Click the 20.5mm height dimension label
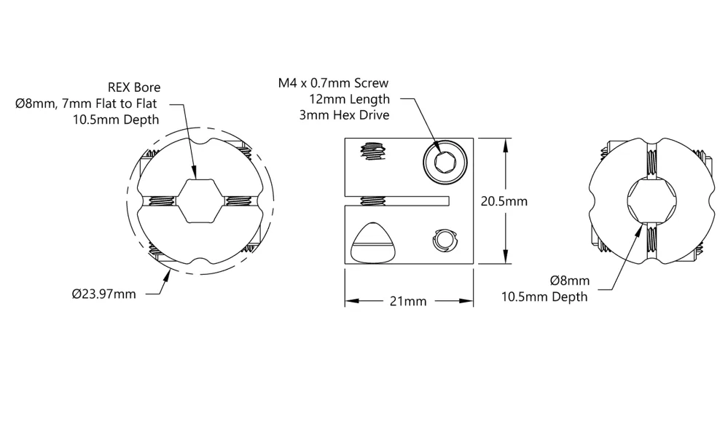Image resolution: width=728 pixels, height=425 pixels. [x=504, y=201]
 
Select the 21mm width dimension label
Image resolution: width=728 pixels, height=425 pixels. [x=408, y=302]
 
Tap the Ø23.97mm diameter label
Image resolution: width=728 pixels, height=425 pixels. [x=104, y=294]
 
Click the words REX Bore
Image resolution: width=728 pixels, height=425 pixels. [x=134, y=87]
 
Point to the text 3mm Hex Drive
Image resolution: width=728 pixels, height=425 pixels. [x=345, y=115]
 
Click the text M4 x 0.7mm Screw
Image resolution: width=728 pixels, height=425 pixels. [x=333, y=83]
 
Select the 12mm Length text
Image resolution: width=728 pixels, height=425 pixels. [x=350, y=99]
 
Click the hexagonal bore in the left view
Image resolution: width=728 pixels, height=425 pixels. [x=200, y=200]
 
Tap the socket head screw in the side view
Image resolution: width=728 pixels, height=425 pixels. [x=445, y=162]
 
